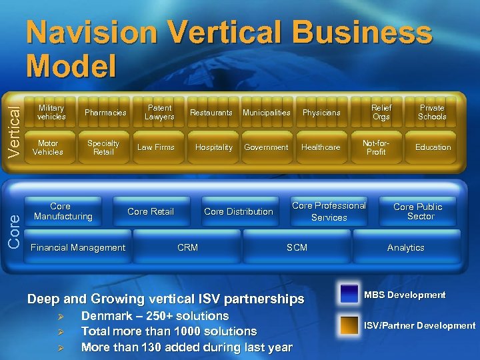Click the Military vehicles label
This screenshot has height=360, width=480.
tap(51, 112)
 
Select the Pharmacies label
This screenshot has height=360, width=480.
tap(105, 113)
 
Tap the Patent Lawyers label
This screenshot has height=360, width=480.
tap(159, 112)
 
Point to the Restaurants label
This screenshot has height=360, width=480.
tap(211, 113)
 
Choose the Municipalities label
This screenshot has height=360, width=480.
tap(267, 113)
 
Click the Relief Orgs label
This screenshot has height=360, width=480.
tap(381, 112)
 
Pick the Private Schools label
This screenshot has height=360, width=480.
tap(432, 112)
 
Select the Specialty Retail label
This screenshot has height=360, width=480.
tap(103, 147)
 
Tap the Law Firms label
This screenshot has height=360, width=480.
tap(155, 147)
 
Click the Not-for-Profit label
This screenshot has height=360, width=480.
tap(376, 147)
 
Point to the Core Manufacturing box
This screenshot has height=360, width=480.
tap(63, 211)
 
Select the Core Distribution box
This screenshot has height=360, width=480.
tap(239, 211)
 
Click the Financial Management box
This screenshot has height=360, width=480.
tap(78, 247)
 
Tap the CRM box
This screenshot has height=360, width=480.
tap(187, 247)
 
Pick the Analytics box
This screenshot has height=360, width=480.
tap(405, 247)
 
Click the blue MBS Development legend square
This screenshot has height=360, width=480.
tap(349, 295)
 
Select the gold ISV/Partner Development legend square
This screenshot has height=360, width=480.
tap(349, 325)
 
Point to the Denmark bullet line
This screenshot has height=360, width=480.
tap(155, 316)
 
